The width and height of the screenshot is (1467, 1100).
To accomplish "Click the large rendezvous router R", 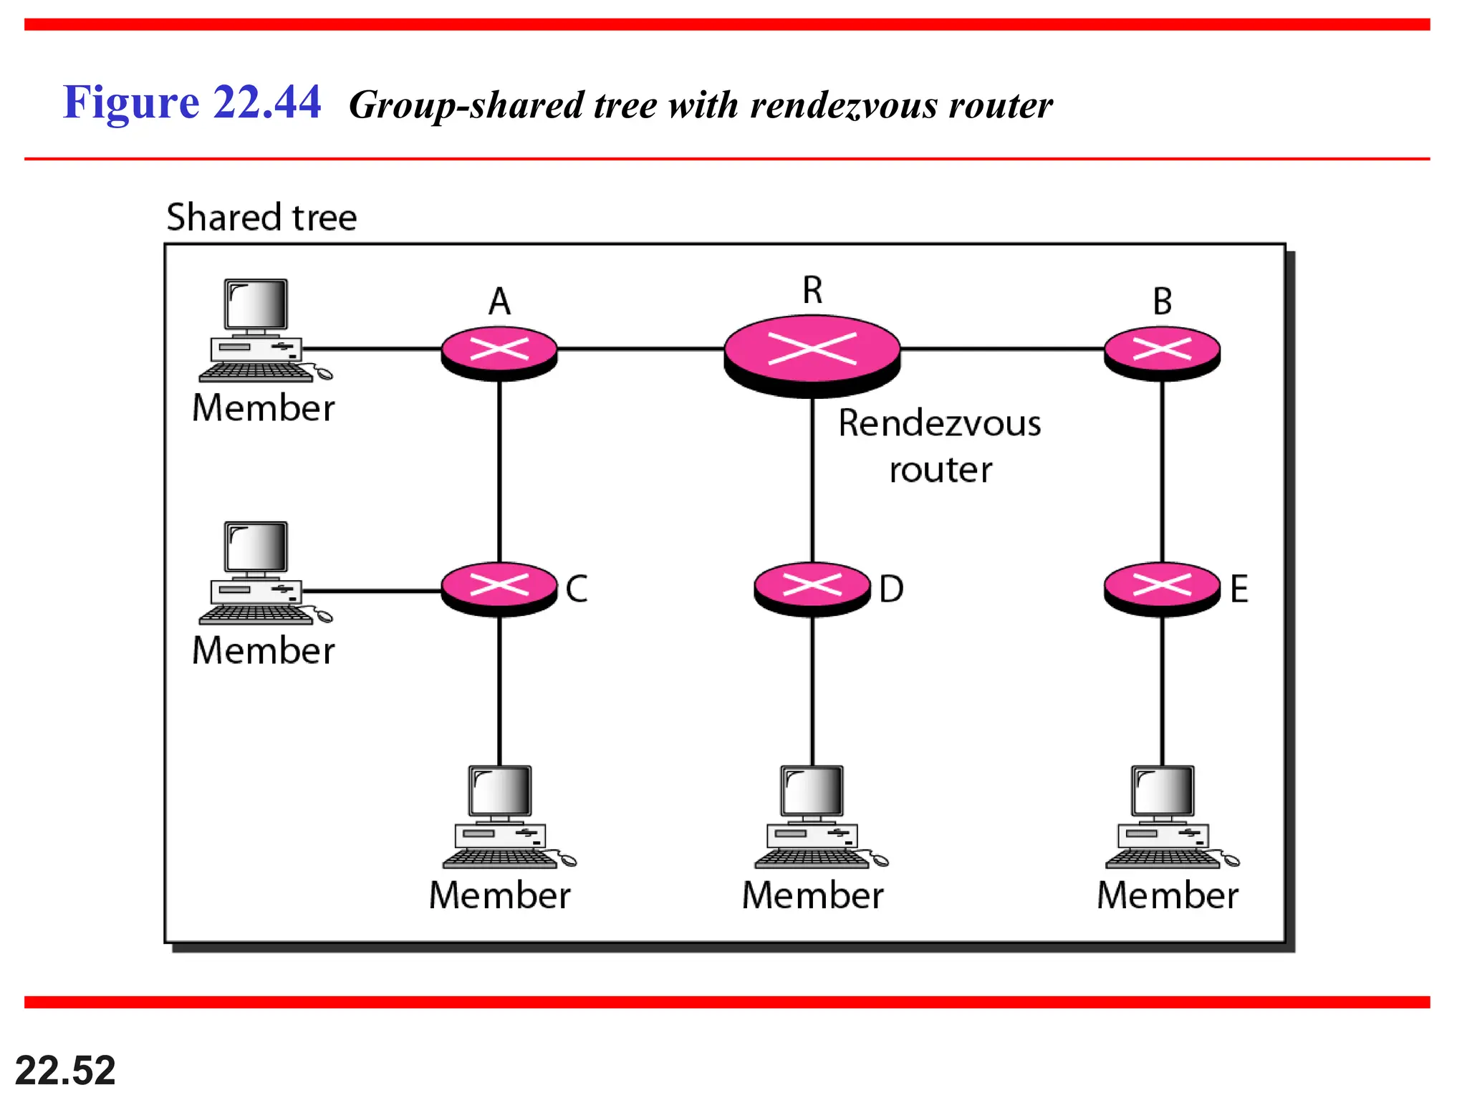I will click(x=812, y=354).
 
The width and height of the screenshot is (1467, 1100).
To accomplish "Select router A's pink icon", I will click(x=499, y=352).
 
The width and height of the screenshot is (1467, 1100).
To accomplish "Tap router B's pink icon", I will click(x=1162, y=352).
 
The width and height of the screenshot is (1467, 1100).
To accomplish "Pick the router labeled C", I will click(x=499, y=588).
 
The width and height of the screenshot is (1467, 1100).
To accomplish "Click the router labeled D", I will click(x=812, y=588).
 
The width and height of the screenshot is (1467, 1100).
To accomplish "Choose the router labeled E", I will click(x=1162, y=588).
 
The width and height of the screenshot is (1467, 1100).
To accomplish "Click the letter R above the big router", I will click(x=812, y=290).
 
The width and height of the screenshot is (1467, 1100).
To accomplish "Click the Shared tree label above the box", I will click(x=261, y=217).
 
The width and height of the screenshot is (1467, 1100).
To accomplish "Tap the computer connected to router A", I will click(x=258, y=329).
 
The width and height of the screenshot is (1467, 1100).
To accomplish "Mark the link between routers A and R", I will click(x=640, y=349).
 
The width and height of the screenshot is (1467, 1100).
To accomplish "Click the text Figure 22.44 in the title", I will click(x=191, y=102).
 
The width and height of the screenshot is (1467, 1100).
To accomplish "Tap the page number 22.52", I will click(x=65, y=1070).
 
